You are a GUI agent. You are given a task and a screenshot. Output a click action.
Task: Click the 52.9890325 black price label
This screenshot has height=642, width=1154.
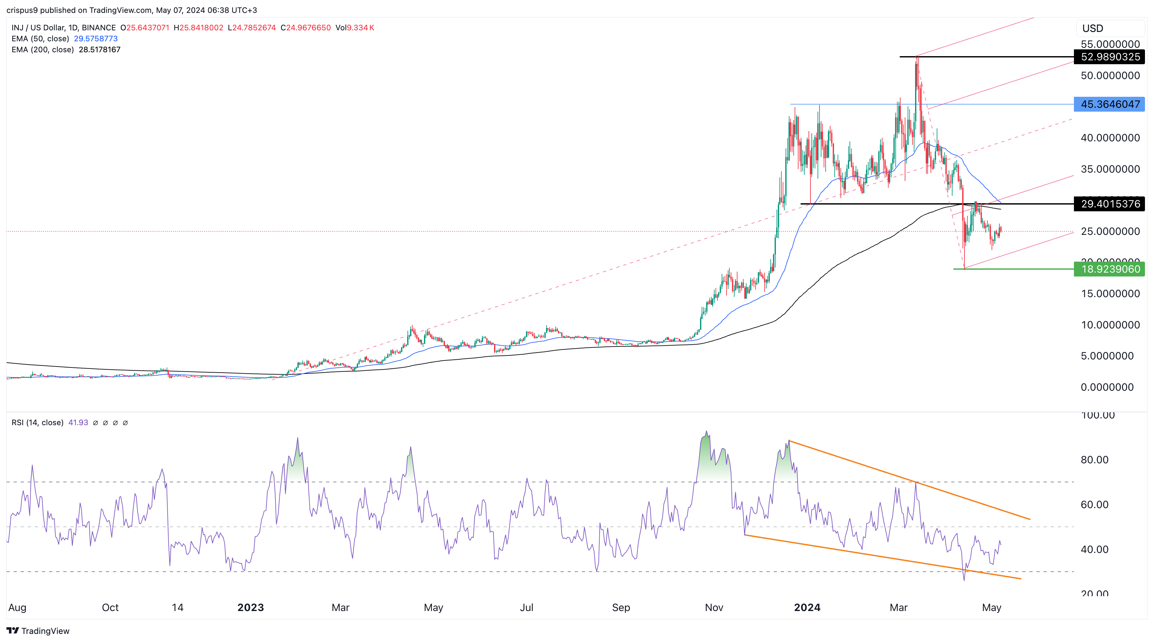pyautogui.click(x=1110, y=57)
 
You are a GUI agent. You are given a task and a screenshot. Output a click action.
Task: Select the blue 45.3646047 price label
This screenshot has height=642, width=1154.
pyautogui.click(x=1110, y=104)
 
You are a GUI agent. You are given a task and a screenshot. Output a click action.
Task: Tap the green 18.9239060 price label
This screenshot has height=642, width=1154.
pyautogui.click(x=1110, y=269)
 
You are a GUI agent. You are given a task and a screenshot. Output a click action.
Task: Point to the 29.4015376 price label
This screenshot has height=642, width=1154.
pyautogui.click(x=1110, y=204)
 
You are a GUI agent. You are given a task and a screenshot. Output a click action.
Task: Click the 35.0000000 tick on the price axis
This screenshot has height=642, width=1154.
pyautogui.click(x=1110, y=169)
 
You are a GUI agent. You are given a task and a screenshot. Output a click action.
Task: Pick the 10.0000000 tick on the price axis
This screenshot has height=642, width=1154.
pyautogui.click(x=1110, y=325)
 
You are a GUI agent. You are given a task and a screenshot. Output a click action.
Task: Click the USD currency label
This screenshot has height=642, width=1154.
pyautogui.click(x=1093, y=29)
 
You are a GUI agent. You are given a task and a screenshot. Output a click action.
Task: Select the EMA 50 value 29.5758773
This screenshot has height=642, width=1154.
pyautogui.click(x=96, y=38)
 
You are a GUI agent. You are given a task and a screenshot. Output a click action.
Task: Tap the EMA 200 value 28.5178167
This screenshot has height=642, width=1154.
pyautogui.click(x=99, y=50)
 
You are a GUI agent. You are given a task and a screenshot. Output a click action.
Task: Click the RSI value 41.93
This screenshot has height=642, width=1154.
pyautogui.click(x=78, y=423)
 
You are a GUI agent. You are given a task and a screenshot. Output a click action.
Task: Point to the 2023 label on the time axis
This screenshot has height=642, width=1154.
pyautogui.click(x=251, y=607)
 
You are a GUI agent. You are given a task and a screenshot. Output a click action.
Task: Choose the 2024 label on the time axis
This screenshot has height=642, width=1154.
pyautogui.click(x=807, y=607)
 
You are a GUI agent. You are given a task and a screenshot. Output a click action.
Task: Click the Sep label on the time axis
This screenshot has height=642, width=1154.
pyautogui.click(x=621, y=607)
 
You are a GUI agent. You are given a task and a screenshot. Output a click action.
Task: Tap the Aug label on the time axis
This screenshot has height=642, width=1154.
pyautogui.click(x=17, y=607)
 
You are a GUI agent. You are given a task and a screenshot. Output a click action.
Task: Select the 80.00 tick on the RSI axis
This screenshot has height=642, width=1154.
pyautogui.click(x=1094, y=460)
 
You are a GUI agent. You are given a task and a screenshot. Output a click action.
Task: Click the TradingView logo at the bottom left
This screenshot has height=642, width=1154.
pyautogui.click(x=38, y=631)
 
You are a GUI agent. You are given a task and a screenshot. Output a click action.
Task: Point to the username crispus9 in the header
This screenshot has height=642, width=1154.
pyautogui.click(x=22, y=10)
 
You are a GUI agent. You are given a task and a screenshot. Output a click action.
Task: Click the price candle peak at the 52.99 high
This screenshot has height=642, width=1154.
pyautogui.click(x=917, y=58)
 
